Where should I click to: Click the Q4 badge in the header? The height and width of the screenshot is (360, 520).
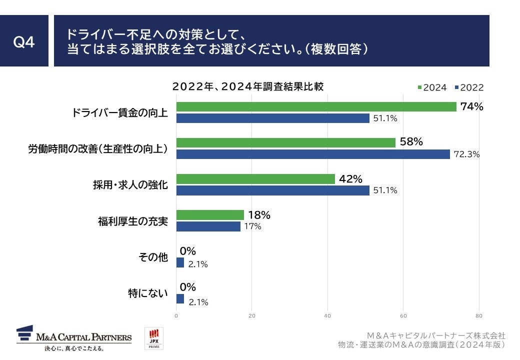24,41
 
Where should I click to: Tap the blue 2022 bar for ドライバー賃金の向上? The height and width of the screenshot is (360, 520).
273,118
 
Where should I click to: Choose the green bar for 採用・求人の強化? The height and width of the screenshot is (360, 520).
255,178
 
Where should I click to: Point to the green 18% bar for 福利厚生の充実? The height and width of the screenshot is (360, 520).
210,215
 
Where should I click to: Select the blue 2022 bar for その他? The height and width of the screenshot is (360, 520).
180,262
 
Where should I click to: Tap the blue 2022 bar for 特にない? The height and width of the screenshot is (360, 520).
180,299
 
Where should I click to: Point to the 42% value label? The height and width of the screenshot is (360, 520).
350,178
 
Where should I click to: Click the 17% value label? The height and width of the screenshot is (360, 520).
253,226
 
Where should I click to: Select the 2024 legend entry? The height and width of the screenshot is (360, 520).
432,87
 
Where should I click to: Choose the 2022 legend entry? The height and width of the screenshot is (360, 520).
469,87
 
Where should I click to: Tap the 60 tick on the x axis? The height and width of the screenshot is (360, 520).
403,315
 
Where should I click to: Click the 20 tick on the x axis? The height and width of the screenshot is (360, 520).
252,315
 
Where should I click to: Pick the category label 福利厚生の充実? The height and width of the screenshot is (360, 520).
132,221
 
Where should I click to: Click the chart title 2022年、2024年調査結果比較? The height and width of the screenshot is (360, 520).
248,86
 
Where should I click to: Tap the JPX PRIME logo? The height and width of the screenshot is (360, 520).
153,338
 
